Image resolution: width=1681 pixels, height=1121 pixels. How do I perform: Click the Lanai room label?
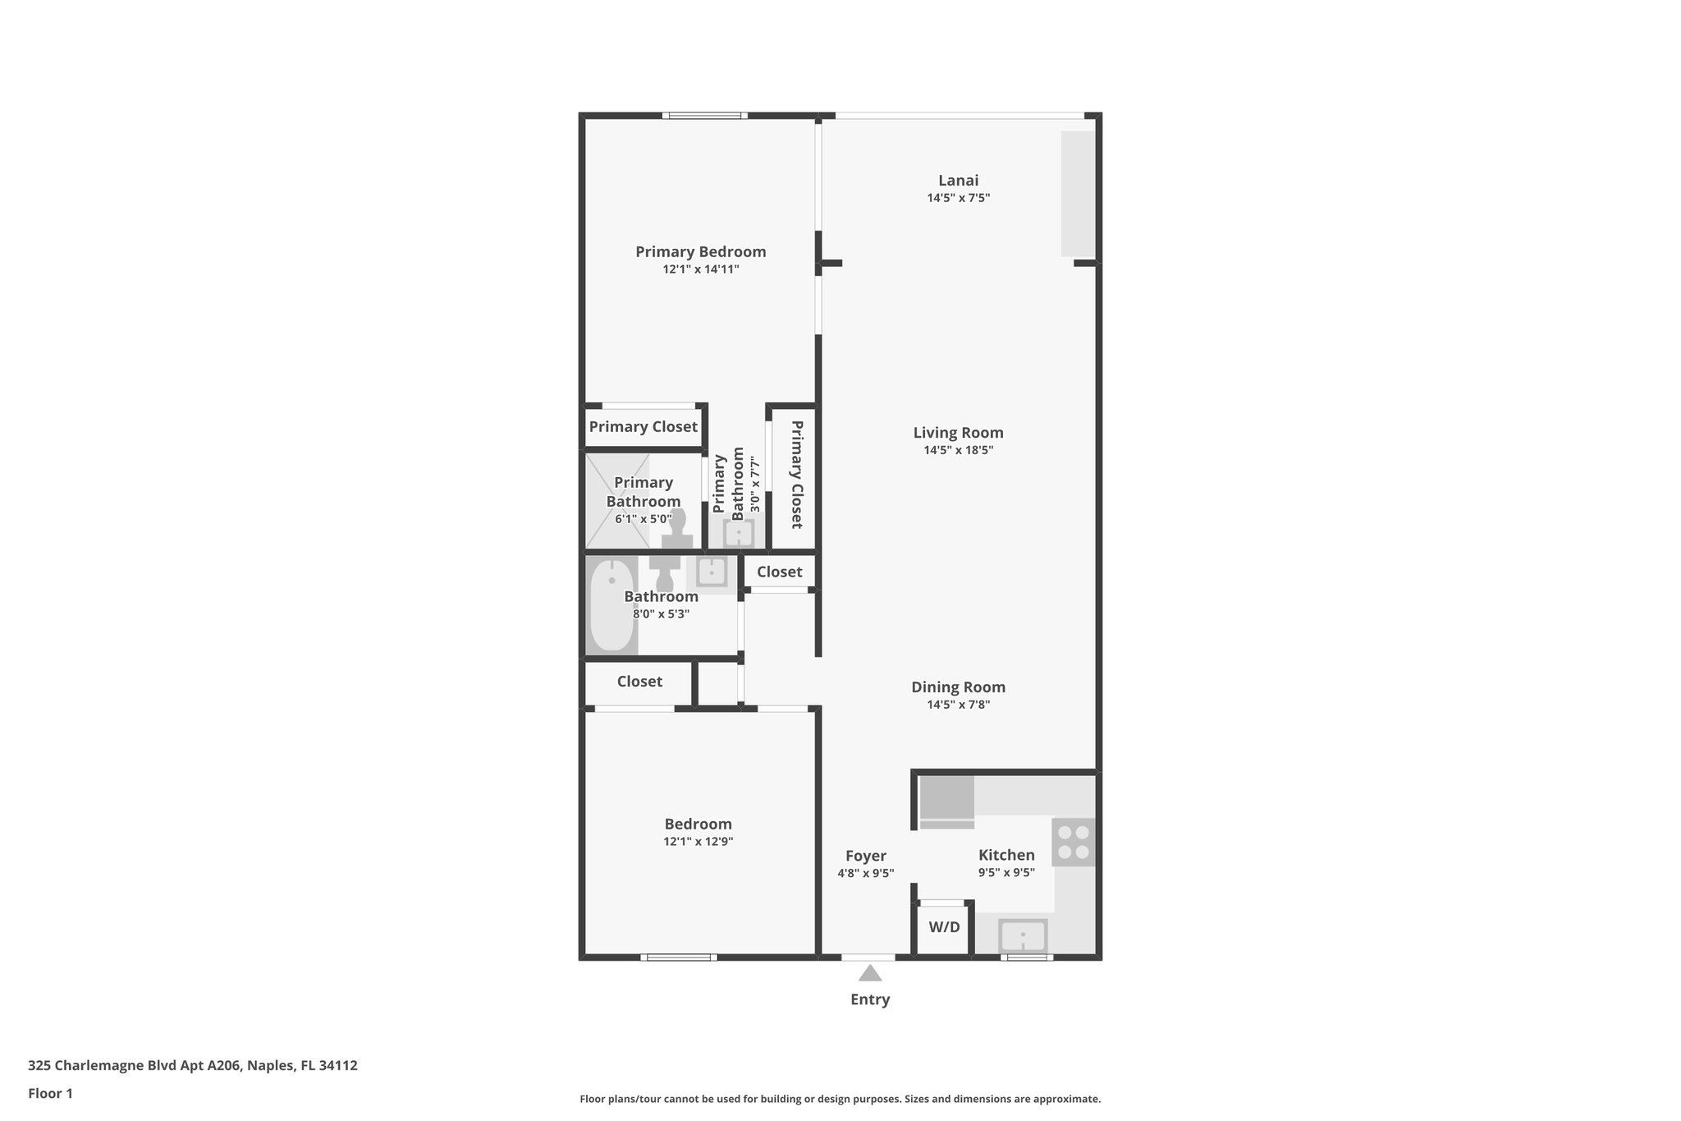pyautogui.click(x=958, y=181)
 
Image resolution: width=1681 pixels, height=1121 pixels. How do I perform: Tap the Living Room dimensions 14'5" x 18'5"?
pyautogui.click(x=958, y=450)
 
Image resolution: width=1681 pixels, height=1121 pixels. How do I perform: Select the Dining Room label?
pyautogui.click(x=958, y=687)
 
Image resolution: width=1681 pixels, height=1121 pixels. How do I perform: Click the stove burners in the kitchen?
pyautogui.click(x=1073, y=842)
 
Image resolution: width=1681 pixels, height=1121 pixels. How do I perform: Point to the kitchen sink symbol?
pyautogui.click(x=1023, y=935)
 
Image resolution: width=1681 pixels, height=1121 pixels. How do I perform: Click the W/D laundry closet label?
pyautogui.click(x=944, y=927)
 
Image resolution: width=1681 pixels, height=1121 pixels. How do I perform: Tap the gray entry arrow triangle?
pyautogui.click(x=870, y=974)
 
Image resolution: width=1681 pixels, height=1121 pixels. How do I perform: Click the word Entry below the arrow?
pyautogui.click(x=870, y=999)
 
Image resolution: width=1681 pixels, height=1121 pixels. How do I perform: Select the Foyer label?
pyautogui.click(x=866, y=856)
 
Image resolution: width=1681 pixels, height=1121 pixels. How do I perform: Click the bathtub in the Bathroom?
pyautogui.click(x=612, y=605)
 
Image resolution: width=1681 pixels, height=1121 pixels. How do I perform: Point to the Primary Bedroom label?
pyautogui.click(x=700, y=252)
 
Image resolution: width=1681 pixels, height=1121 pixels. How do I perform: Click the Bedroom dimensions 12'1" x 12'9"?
pyautogui.click(x=699, y=842)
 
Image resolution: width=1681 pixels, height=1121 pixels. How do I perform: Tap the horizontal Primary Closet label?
pyautogui.click(x=643, y=427)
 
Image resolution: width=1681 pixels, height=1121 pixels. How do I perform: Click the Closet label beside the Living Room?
pyautogui.click(x=779, y=572)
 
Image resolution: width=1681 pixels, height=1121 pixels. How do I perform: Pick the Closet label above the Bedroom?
pyautogui.click(x=639, y=682)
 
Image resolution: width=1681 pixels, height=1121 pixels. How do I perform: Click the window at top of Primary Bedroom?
pyautogui.click(x=704, y=116)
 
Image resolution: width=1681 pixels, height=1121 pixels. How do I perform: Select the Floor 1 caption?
pyautogui.click(x=50, y=1094)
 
